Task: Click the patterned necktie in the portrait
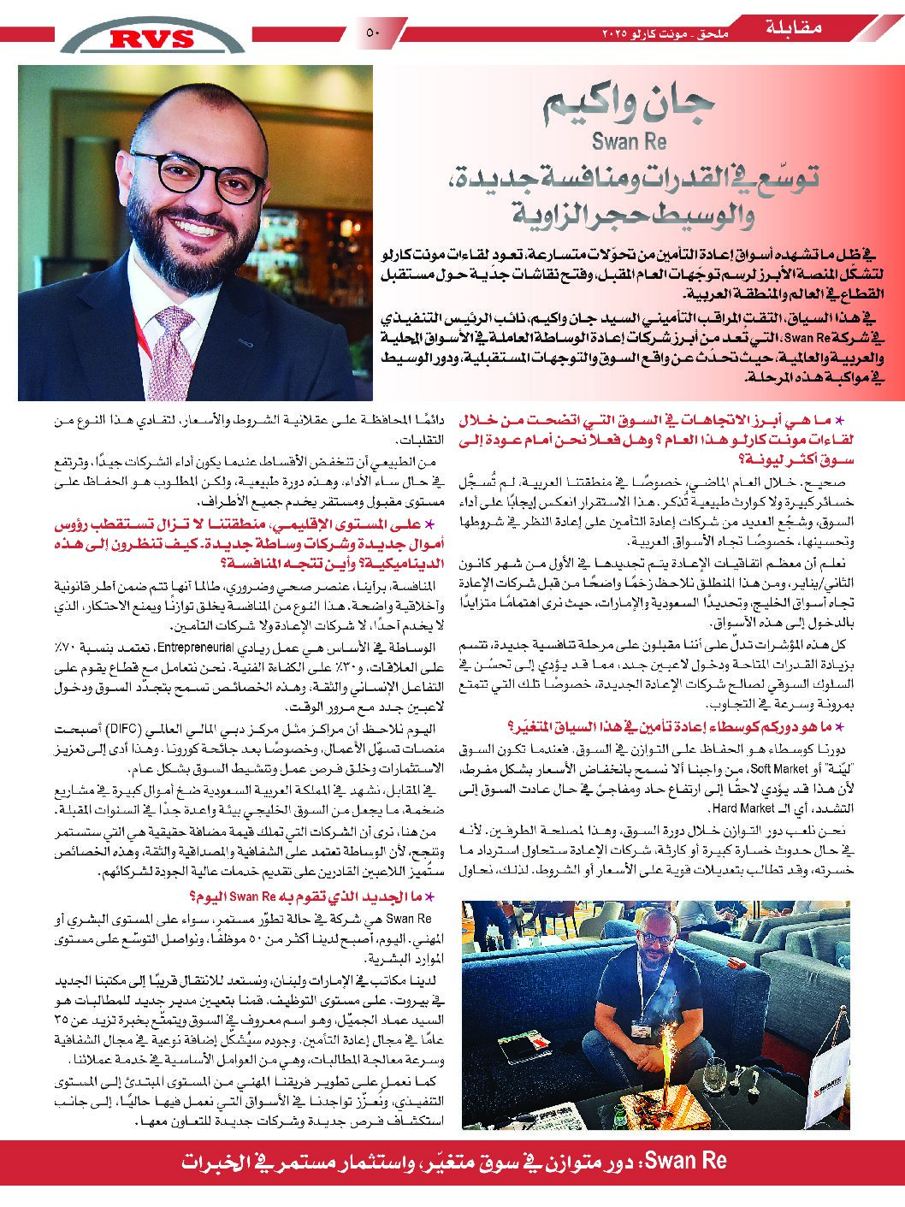pyautogui.click(x=176, y=351)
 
